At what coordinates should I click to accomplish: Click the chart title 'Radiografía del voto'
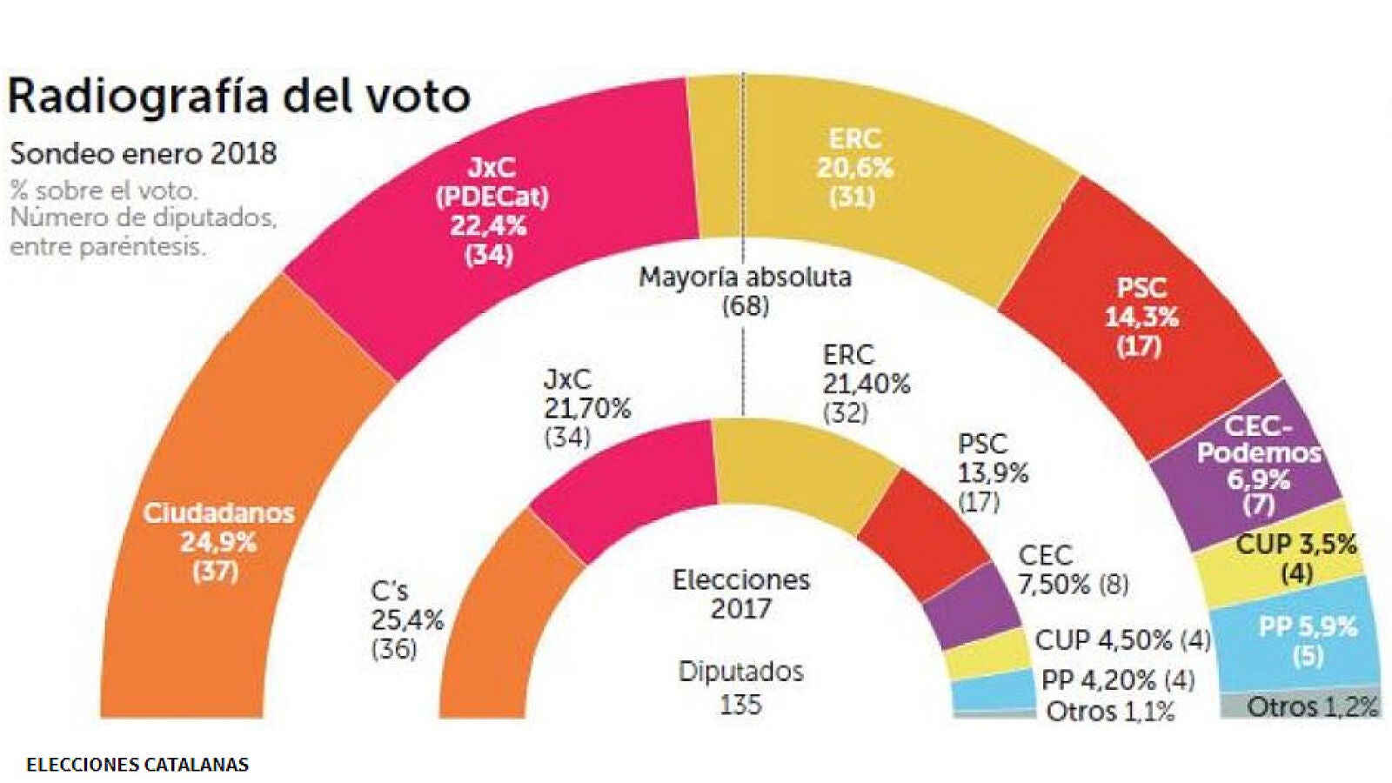[238, 96]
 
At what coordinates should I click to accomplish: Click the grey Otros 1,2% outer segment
[1305, 706]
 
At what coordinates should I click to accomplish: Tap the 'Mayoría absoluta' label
[745, 278]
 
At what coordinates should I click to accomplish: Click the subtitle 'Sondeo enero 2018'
[144, 154]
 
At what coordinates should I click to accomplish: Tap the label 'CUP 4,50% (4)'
[1122, 640]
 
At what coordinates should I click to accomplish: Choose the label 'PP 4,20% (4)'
[1118, 679]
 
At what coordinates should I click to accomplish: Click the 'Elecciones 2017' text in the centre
[741, 593]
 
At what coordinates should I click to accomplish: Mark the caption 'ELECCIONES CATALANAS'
[137, 765]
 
